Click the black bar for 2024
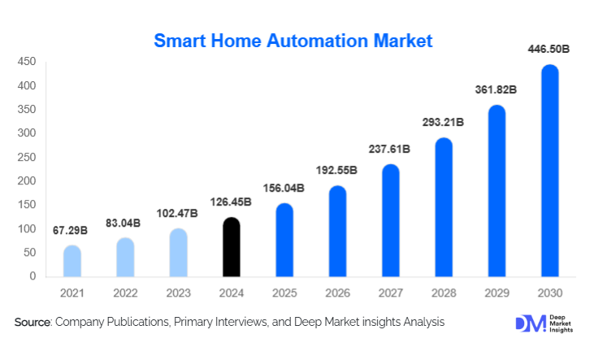[x=232, y=248]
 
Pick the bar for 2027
[x=390, y=220]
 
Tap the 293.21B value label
[x=442, y=123]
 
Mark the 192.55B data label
[x=336, y=171]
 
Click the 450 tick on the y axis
[x=26, y=62]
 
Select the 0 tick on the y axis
[x=33, y=276]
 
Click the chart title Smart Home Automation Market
[x=293, y=40]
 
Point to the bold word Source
[x=33, y=323]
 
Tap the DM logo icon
[x=531, y=323]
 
